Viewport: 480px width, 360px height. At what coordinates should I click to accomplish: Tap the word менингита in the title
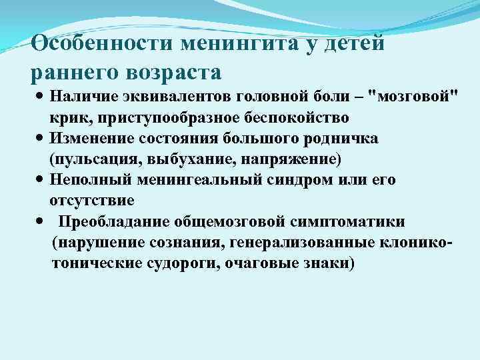[x=244, y=43]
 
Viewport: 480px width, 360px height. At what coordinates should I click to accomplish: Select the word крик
[x=65, y=117]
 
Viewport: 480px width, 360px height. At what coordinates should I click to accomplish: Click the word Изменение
[x=91, y=139]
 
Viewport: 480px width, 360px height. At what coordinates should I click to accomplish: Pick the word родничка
[x=339, y=139]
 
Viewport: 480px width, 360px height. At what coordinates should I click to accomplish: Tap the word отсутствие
[x=91, y=201]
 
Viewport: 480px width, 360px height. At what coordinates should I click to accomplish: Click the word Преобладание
[x=115, y=221]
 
